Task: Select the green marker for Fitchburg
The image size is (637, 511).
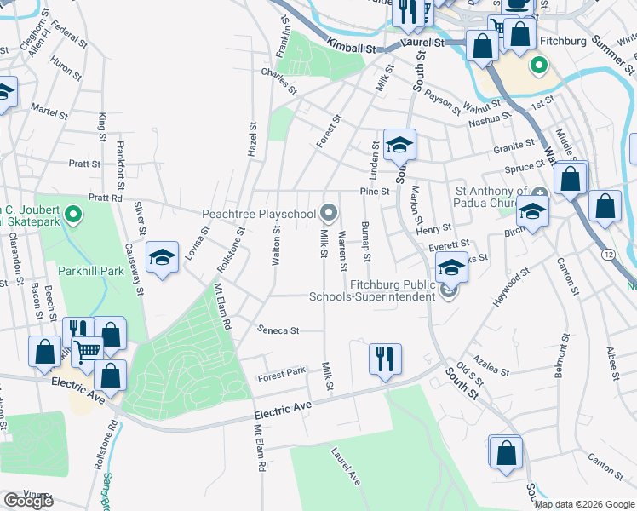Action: click(x=538, y=65)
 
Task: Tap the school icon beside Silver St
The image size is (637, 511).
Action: click(x=162, y=257)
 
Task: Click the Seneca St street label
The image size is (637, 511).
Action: click(x=278, y=330)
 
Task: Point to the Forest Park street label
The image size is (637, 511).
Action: click(x=282, y=372)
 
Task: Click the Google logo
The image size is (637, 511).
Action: click(x=28, y=501)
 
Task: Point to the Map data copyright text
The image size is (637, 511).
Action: click(x=584, y=504)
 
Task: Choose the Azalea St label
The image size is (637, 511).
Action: click(x=493, y=369)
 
